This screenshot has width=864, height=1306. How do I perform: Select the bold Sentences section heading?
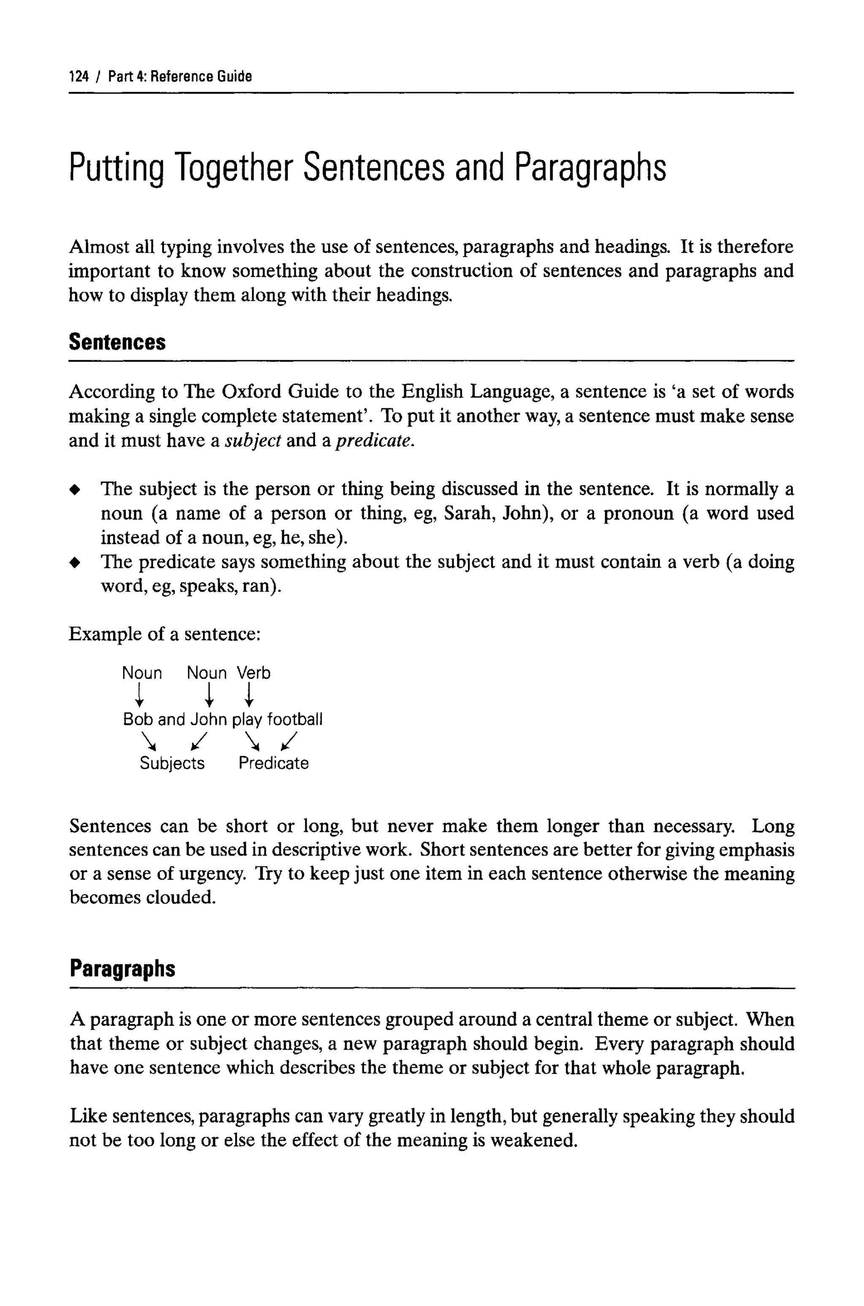[x=117, y=342]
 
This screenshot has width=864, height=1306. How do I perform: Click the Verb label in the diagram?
[x=254, y=673]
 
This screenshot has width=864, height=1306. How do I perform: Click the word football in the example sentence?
[x=295, y=719]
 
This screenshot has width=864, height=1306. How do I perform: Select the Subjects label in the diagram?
[x=172, y=764]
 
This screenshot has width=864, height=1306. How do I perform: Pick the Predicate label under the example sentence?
[x=273, y=764]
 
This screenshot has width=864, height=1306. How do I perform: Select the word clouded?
[x=181, y=898]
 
